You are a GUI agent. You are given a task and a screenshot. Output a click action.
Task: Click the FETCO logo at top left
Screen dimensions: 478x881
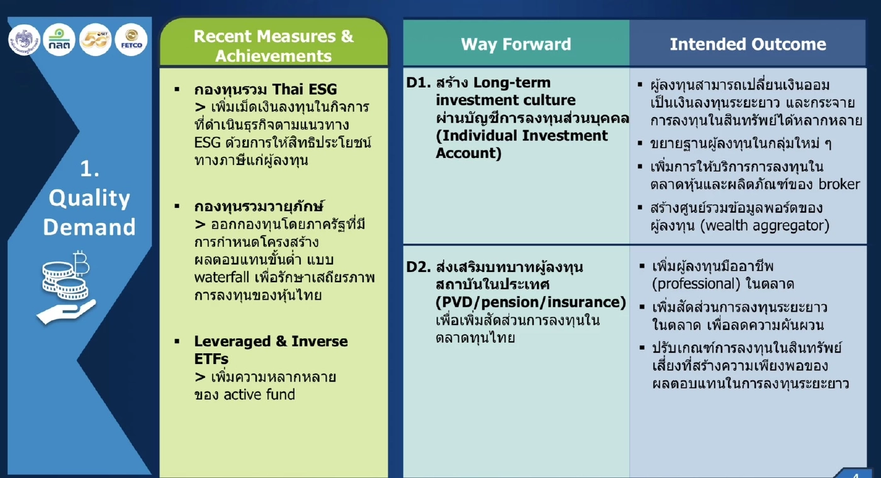[x=132, y=39]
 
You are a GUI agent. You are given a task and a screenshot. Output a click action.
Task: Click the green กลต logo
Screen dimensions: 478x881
[x=59, y=39]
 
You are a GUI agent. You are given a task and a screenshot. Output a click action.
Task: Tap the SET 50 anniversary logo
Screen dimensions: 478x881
[x=95, y=39]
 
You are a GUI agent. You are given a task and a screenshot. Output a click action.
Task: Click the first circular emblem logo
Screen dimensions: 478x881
[x=24, y=39]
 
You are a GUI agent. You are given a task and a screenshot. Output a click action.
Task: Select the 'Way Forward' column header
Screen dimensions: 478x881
[x=516, y=44]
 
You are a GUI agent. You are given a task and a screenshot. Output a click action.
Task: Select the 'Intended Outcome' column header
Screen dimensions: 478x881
[x=748, y=44]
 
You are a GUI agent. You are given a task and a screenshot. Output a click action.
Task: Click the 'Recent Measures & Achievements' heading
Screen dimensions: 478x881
[x=273, y=45]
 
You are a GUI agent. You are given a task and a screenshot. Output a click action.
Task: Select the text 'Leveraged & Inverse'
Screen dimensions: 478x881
[x=271, y=341]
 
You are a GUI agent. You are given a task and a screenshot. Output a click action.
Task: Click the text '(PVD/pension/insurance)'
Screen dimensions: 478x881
[x=530, y=302]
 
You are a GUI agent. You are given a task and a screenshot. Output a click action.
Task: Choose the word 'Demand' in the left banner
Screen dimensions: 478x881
[x=89, y=227]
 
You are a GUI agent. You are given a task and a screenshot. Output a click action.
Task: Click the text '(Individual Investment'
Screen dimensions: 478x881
[x=522, y=135]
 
